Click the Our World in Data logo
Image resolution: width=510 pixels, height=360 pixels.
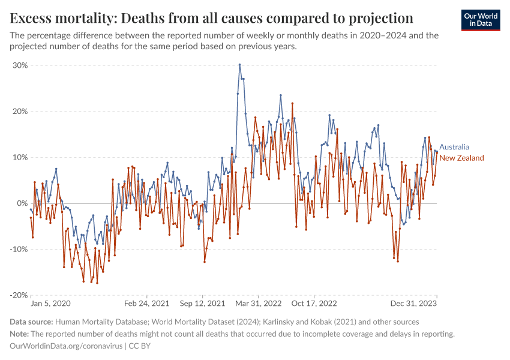point(480,20)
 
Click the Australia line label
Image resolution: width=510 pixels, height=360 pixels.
point(454,147)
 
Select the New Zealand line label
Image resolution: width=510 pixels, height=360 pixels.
point(461,158)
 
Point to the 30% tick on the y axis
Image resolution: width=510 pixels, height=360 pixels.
point(20,65)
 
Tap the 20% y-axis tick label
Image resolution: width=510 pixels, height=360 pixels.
point(20,112)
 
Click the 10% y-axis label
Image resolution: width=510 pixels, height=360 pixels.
point(20,157)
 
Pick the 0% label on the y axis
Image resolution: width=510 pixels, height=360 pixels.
point(23,203)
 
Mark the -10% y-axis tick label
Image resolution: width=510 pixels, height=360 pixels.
point(19,249)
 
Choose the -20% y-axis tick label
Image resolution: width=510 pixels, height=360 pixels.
point(19,295)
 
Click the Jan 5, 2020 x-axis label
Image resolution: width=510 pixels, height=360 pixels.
point(50,304)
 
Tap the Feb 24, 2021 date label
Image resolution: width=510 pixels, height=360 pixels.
point(147,304)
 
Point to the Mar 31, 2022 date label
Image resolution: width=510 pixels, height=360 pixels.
point(259,304)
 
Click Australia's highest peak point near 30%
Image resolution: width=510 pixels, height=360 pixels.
point(240,65)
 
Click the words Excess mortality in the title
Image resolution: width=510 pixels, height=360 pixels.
point(56,16)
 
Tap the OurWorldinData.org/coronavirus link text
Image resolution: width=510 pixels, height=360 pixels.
point(66,346)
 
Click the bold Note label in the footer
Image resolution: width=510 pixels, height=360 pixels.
point(19,334)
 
